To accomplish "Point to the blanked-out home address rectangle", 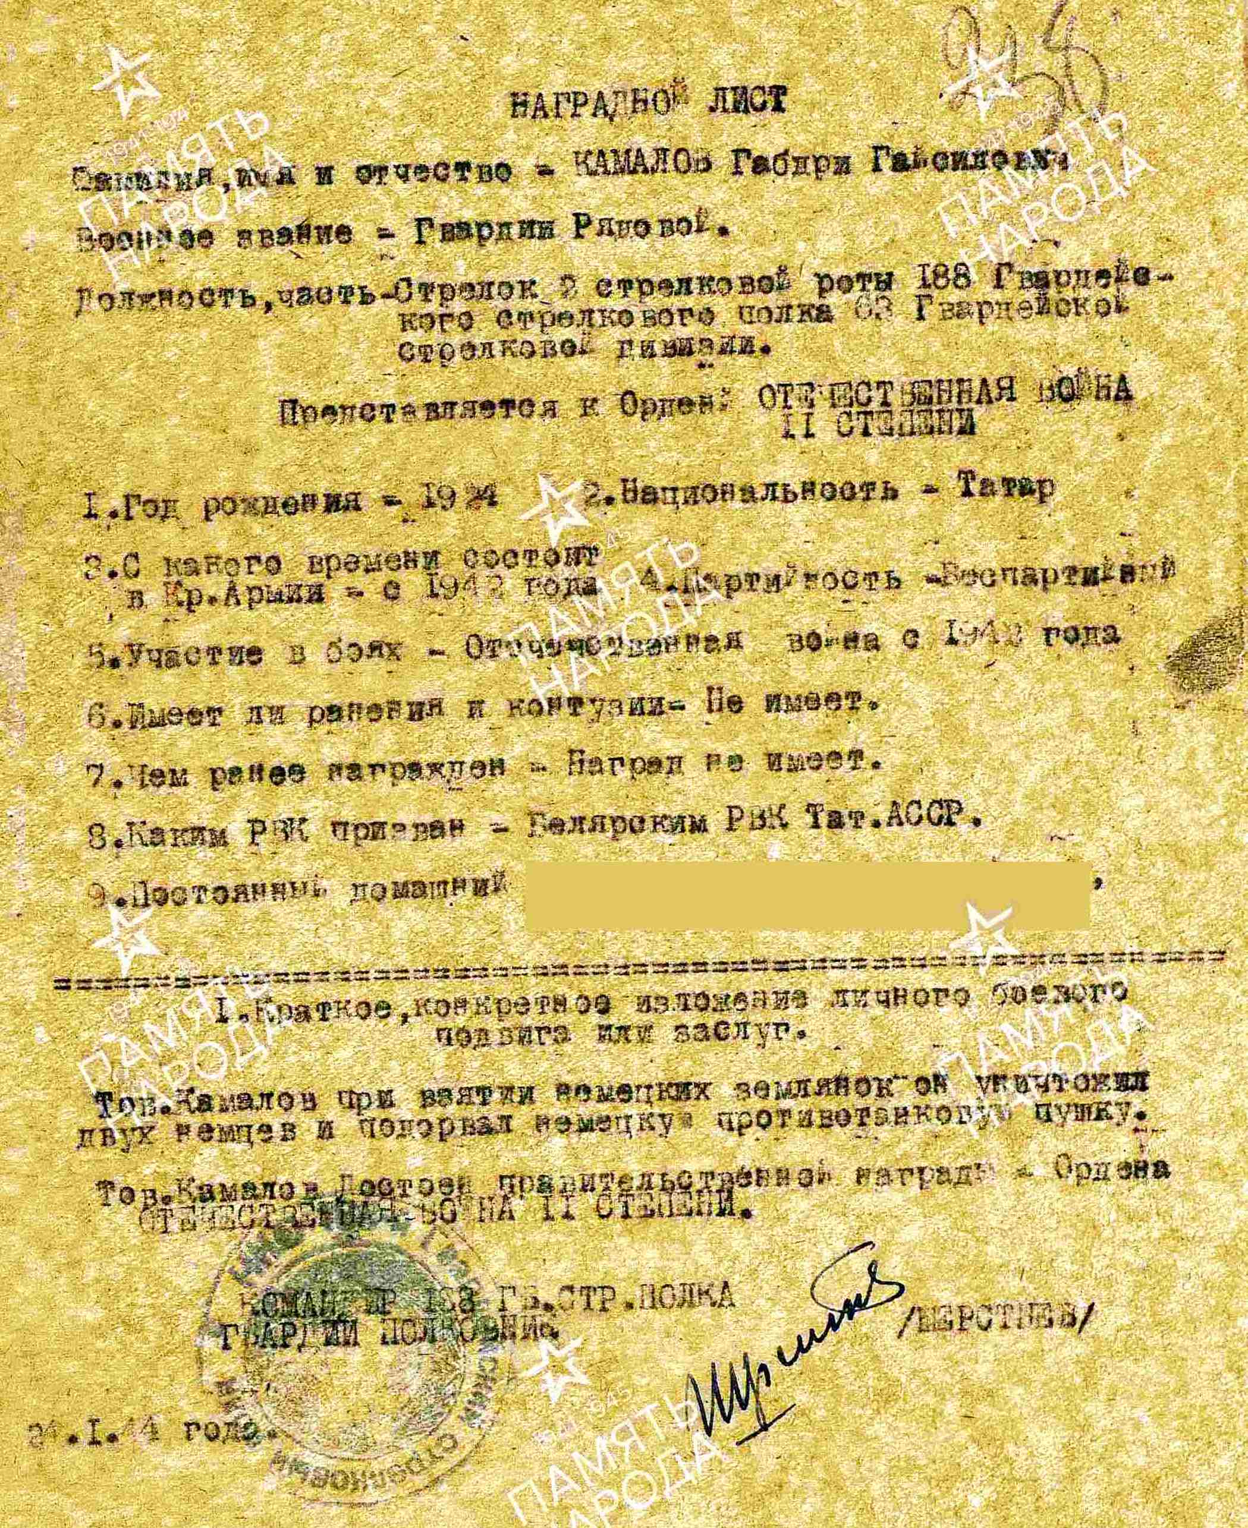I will [x=809, y=896].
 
